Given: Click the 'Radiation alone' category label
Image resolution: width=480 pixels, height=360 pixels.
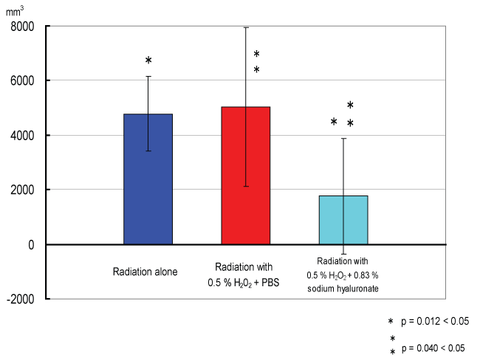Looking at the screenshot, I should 145,272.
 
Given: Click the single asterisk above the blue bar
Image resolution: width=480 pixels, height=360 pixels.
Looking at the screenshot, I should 148,60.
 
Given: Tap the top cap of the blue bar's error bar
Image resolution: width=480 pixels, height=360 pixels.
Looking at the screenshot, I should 148,76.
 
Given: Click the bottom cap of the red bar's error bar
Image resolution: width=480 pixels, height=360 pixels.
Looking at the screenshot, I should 246,187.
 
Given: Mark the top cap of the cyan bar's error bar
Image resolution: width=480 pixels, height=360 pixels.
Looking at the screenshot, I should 343,138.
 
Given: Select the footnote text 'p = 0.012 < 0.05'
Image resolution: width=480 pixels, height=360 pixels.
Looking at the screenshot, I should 435,322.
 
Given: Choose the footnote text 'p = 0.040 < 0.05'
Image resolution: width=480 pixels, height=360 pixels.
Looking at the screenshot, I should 435,347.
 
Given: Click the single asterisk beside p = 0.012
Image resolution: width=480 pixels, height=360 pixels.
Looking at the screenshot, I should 391,322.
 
